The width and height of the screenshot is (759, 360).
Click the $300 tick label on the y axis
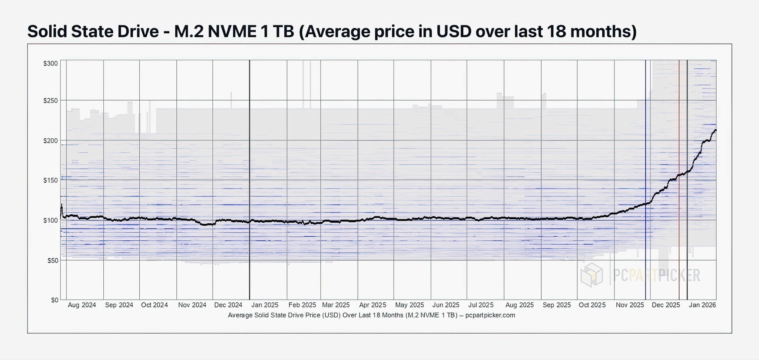[x=50, y=63]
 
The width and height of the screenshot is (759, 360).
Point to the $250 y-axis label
[x=50, y=101]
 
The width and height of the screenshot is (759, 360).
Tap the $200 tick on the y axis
[x=50, y=141]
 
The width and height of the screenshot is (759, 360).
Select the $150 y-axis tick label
[x=50, y=180]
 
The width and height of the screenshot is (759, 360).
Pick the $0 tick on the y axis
[x=54, y=300]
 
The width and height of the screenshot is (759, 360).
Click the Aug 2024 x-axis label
[x=82, y=305]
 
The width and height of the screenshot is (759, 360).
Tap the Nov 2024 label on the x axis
[x=192, y=305]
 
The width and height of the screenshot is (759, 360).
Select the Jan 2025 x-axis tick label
[x=265, y=305]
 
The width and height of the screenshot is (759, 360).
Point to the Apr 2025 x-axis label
[x=372, y=305]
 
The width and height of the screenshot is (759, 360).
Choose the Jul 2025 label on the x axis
[x=481, y=305]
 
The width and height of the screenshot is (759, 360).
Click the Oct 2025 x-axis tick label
[x=592, y=305]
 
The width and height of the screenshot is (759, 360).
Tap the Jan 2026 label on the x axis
[x=702, y=305]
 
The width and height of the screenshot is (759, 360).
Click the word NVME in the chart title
[x=232, y=31]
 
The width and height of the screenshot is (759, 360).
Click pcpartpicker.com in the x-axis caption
[x=490, y=315]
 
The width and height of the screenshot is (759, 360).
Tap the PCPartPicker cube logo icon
[x=591, y=275]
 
